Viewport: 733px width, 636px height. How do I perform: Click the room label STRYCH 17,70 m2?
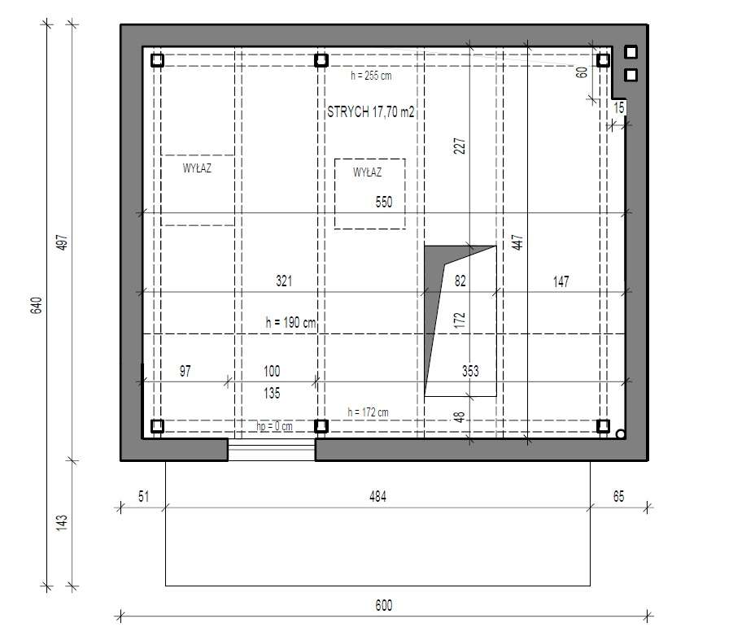(371, 112)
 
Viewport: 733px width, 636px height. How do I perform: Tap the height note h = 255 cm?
(371, 76)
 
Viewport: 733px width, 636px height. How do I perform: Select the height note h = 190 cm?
(290, 322)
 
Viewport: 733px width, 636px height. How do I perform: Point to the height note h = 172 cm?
(368, 412)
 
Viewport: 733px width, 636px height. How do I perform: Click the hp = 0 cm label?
(274, 426)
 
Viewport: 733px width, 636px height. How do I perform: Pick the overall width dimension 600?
(384, 605)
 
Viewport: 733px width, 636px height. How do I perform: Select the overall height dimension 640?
(35, 305)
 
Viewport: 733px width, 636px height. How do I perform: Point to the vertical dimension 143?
(62, 522)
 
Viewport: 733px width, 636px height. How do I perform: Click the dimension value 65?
(618, 496)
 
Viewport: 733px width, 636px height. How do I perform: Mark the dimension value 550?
(385, 202)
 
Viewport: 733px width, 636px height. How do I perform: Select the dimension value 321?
(283, 281)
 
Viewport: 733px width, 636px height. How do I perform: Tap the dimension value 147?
(561, 281)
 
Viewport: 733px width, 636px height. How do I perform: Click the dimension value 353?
(470, 371)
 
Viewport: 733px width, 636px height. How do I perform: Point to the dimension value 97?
(185, 371)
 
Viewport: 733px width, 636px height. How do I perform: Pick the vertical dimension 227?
(460, 146)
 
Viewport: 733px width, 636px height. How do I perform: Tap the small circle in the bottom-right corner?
(620, 434)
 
